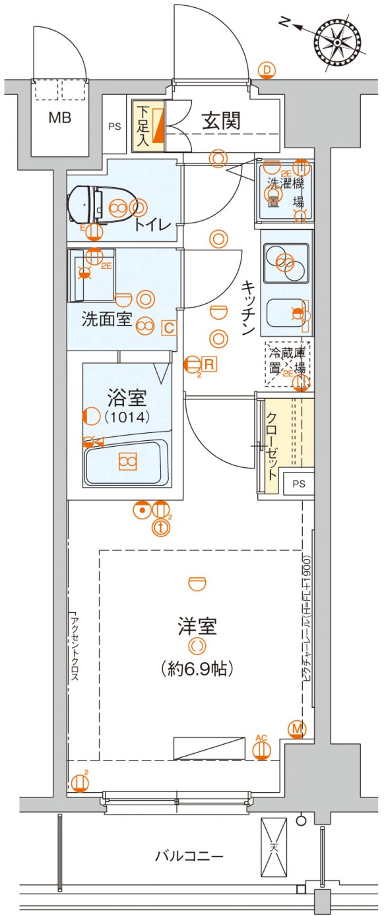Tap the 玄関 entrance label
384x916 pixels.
[220, 121]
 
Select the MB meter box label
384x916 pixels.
[59, 119]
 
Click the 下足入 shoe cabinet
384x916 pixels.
[150, 125]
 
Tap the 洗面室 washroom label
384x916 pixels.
[106, 321]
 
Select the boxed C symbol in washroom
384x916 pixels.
[169, 326]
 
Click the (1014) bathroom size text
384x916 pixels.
[127, 416]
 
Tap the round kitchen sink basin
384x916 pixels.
[286, 263]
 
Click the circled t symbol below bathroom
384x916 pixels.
[160, 527]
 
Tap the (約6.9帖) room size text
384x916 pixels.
[197, 670]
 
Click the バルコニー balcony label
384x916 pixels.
[189, 857]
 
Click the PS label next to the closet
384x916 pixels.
[299, 484]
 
